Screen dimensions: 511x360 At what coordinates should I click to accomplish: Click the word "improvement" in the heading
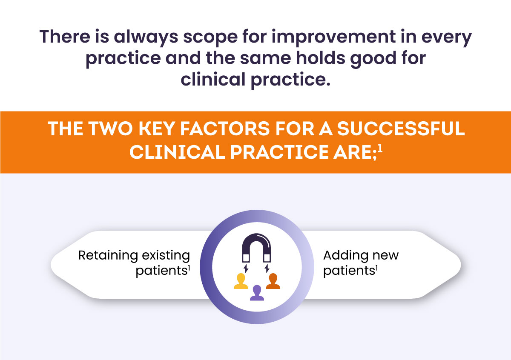[x=333, y=37]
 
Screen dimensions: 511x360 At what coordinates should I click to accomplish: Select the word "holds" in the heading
[x=321, y=58]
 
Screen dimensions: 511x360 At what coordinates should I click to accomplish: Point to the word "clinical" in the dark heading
[x=213, y=79]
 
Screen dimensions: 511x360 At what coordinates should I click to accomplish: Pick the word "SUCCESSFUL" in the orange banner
[x=401, y=129]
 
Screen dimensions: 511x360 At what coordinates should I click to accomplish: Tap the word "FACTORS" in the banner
[x=225, y=129]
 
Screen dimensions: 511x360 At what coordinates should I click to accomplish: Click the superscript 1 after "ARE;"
[x=380, y=149]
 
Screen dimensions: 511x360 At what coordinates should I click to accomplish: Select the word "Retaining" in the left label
[x=108, y=256]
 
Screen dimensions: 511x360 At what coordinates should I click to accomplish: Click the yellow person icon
[x=241, y=281]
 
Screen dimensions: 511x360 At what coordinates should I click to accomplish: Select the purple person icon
[x=257, y=292]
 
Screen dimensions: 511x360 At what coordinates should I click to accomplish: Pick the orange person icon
[x=273, y=281]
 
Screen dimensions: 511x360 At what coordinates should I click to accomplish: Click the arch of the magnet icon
[x=257, y=238]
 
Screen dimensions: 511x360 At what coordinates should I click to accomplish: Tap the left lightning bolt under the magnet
[x=246, y=269]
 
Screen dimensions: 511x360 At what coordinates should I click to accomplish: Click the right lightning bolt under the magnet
[x=267, y=269]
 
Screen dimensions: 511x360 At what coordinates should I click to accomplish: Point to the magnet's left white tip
[x=246, y=258]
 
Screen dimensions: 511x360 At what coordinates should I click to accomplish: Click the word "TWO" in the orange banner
[x=111, y=129]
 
